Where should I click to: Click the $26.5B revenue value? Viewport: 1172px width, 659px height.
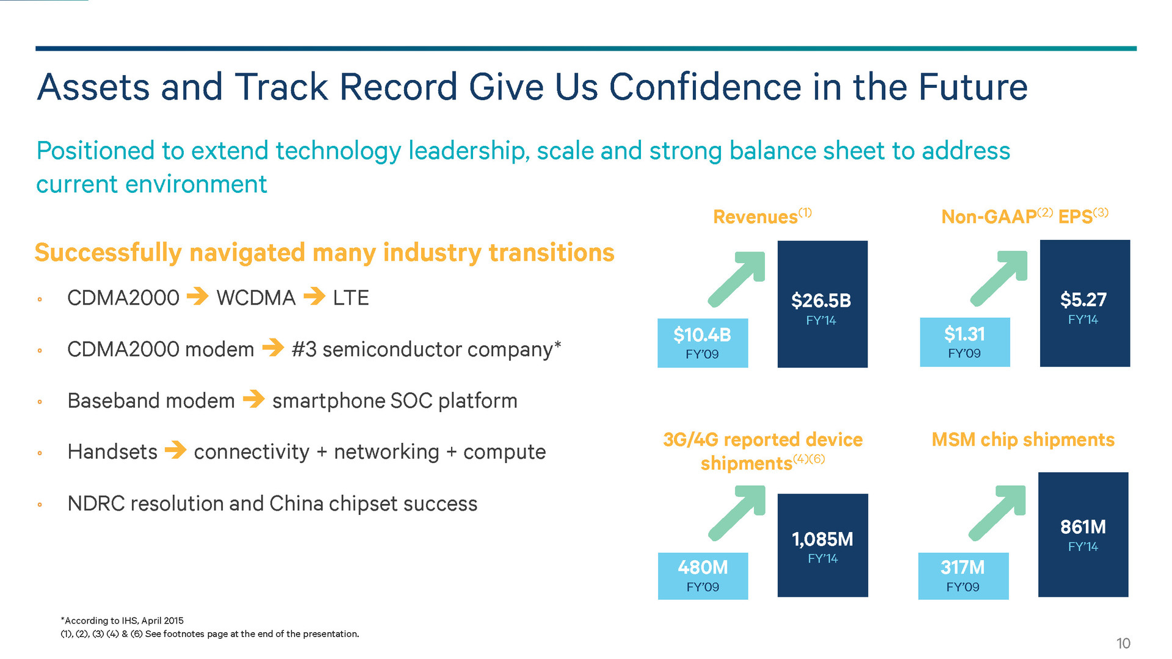coord(821,301)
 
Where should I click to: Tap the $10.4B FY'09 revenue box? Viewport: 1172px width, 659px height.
coord(702,342)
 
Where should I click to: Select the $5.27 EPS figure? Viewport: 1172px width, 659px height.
coord(1083,300)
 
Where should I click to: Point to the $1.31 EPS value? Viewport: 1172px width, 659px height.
coord(964,334)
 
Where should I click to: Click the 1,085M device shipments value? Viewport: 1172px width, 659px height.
coord(822,539)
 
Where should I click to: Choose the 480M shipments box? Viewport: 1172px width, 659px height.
coord(703,575)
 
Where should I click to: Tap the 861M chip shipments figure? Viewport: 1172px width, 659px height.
coord(1083,527)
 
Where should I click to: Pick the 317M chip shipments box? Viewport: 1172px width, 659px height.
coord(963,575)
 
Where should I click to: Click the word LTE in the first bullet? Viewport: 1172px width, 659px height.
coord(350,298)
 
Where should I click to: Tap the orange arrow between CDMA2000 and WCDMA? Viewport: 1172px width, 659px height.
coord(197,297)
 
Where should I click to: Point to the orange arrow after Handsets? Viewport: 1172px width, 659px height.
coord(176,451)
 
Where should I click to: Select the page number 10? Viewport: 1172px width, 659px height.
coord(1123,643)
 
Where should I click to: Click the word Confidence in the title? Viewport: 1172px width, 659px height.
coord(705,87)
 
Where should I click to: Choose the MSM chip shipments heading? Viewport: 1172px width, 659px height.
coord(1023,440)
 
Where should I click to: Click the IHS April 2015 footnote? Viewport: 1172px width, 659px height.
coord(122,621)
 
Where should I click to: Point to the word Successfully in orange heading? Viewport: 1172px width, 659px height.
coord(108,253)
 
